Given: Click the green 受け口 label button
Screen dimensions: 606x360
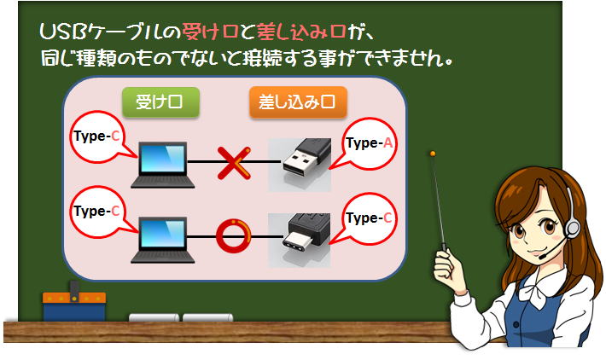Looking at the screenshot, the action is coord(160,102).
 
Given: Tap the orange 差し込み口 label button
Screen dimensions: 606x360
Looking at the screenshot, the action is coord(298,102).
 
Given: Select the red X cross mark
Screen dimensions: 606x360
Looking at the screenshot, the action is coord(234,163).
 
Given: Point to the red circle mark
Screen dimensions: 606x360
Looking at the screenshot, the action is coord(233,236).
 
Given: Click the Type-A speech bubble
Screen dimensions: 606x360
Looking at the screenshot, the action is coord(369,143).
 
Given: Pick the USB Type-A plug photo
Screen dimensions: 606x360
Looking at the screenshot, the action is coord(300,165).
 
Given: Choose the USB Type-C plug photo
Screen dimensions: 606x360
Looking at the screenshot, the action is coord(300,240).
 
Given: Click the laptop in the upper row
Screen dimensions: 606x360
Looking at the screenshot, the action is coord(163,165).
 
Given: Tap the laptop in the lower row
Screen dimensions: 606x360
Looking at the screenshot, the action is coord(163,240).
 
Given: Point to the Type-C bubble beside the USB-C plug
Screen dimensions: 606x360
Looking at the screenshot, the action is coord(369,218).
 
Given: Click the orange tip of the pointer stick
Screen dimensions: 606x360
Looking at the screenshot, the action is coord(433,154).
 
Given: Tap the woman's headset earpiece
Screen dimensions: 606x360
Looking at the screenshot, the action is coord(572,229).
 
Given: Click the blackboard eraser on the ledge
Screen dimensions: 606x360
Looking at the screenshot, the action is coord(74,303).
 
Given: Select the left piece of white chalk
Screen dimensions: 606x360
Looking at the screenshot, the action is coord(154,317).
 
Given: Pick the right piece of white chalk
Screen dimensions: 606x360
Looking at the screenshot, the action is coord(208,317).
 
